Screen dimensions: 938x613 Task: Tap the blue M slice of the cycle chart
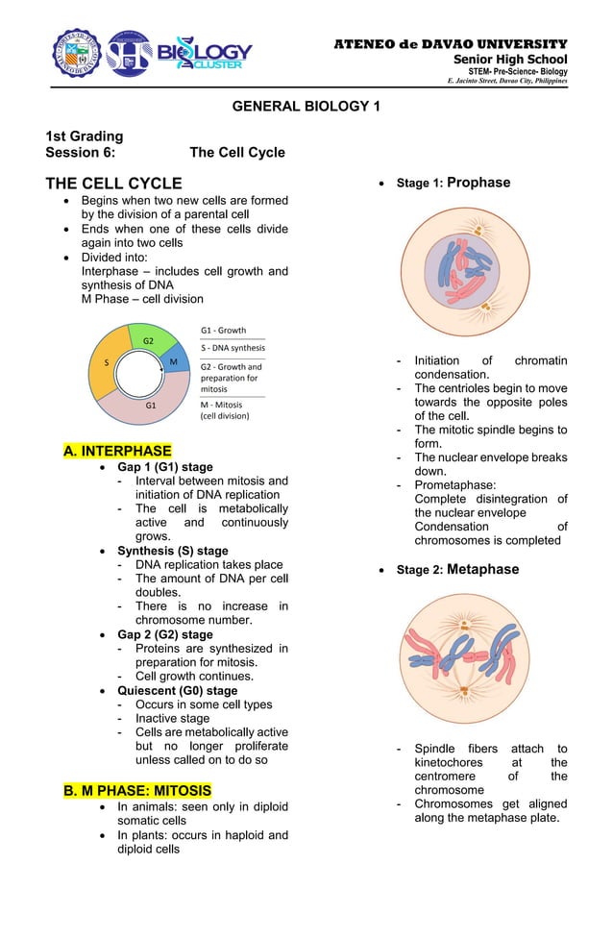tap(176, 362)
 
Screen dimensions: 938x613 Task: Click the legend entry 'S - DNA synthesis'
tap(233, 347)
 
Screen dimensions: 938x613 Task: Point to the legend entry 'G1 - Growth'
tap(223, 330)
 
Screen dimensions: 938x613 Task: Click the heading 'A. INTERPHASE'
tap(117, 451)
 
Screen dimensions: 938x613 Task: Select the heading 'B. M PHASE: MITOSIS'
tap(137, 791)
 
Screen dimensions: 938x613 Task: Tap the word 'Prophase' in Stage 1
tap(478, 183)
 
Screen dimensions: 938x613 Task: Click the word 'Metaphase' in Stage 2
tap(482, 569)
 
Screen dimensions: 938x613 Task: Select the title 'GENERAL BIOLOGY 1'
tap(306, 106)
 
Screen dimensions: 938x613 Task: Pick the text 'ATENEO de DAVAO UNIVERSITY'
tap(450, 44)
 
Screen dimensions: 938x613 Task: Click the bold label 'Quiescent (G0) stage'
tap(177, 690)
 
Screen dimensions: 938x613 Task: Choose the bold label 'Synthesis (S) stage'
tap(173, 551)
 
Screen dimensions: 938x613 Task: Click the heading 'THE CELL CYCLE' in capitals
tap(113, 184)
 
